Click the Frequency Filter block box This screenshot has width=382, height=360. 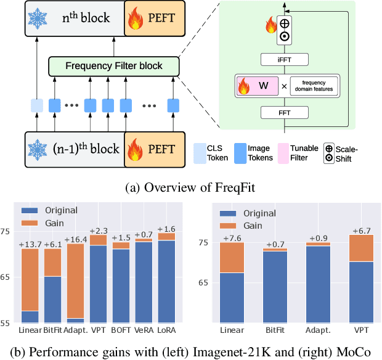(114, 66)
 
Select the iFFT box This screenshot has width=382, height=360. (284, 59)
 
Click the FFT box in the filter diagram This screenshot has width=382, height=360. (284, 112)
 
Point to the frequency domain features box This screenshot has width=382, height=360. (312, 86)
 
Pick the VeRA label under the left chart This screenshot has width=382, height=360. (143, 330)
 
